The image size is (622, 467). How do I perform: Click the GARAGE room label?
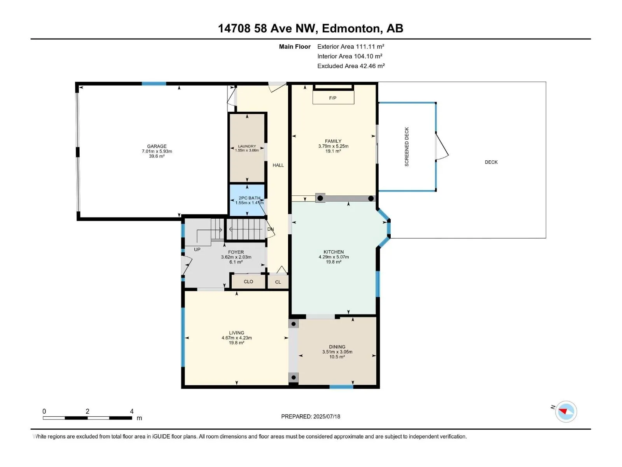pyautogui.click(x=157, y=146)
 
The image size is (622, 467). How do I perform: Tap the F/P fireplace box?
pyautogui.click(x=333, y=97)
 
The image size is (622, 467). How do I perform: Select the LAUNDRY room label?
pyautogui.click(x=247, y=146)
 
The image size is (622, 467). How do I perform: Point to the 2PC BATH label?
pyautogui.click(x=249, y=198)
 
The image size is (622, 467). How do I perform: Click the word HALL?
pyautogui.click(x=278, y=165)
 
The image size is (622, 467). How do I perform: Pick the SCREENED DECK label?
pyautogui.click(x=407, y=147)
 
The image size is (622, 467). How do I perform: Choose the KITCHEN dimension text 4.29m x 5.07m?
pyautogui.click(x=334, y=257)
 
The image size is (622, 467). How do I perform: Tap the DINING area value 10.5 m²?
pyautogui.click(x=337, y=357)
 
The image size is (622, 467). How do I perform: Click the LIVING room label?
pyautogui.click(x=236, y=333)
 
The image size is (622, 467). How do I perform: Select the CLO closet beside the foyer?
pyautogui.click(x=248, y=281)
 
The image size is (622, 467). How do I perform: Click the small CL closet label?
pyautogui.click(x=278, y=282)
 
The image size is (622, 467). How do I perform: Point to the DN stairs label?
pyautogui.click(x=271, y=229)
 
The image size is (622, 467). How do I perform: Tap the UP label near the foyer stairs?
pyautogui.click(x=197, y=249)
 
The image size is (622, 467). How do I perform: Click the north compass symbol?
pyautogui.click(x=566, y=411)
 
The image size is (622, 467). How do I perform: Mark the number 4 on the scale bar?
pyautogui.click(x=132, y=411)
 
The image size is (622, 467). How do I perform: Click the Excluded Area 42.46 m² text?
pyautogui.click(x=351, y=66)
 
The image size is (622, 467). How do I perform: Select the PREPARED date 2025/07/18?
pyautogui.click(x=327, y=416)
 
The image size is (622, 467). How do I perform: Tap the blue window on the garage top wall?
pyautogui.click(x=154, y=84)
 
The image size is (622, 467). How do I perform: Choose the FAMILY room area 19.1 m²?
pyautogui.click(x=333, y=151)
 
